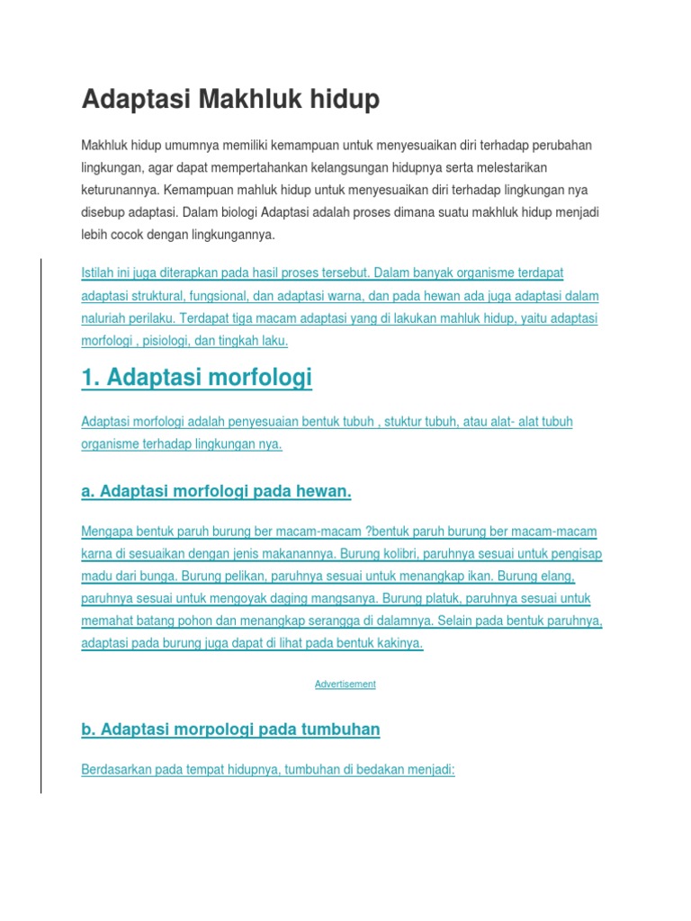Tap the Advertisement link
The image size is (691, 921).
[x=345, y=684]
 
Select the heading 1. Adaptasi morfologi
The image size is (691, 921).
[x=196, y=378]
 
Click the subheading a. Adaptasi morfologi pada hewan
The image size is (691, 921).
[x=216, y=491]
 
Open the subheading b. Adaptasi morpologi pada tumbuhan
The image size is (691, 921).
[x=230, y=730]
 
